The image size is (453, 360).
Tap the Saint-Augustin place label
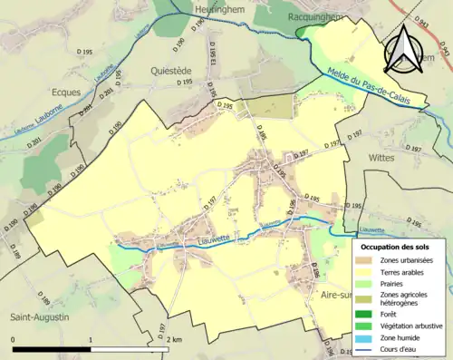[37, 316]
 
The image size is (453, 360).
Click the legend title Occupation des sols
[399, 246]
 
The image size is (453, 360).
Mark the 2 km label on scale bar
[175, 339]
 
